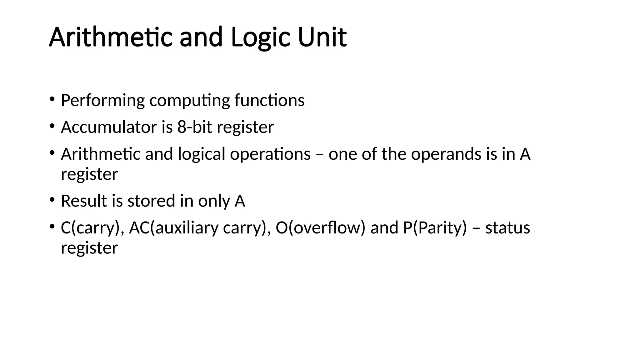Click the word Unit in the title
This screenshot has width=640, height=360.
[x=322, y=37]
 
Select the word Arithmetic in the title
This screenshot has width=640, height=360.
[x=111, y=37]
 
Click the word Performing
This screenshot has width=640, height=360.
[x=102, y=101]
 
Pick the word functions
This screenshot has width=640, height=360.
[x=269, y=100]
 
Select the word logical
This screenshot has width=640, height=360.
[x=202, y=154]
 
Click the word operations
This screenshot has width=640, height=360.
[x=270, y=154]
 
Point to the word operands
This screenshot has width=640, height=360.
[x=446, y=154]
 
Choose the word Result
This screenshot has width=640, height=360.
[x=84, y=201]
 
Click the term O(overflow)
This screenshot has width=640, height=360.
[x=320, y=227]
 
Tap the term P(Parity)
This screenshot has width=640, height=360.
[x=435, y=227]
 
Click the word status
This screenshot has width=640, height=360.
[x=507, y=227]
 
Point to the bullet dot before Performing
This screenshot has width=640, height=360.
[x=52, y=99]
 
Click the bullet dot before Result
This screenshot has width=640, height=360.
[x=52, y=199]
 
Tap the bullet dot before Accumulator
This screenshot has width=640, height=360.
[x=52, y=126]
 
